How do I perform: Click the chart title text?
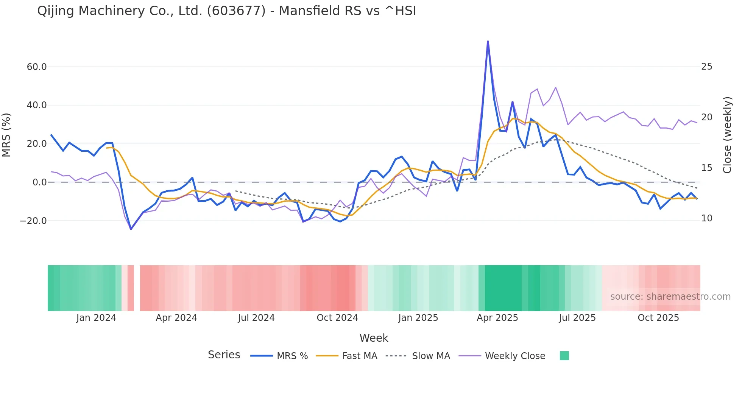coord(226,11)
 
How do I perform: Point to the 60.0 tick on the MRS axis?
coord(36,67)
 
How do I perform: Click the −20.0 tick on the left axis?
coord(33,221)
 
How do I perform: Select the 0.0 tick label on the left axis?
coord(39,182)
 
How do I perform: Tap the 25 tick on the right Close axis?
coord(706,67)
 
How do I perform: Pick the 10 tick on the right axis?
coord(706,218)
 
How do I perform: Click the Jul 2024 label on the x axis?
coord(256,318)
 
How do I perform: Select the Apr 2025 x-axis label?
coord(497,318)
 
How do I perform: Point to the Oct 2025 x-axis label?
coord(658,318)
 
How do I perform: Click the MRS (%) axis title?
coord(6,135)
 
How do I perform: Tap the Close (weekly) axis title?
coord(727,135)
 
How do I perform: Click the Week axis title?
coord(374,338)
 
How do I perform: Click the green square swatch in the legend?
coord(564,356)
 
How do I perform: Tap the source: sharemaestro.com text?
coord(670,297)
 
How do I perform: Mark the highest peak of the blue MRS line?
coord(488,41)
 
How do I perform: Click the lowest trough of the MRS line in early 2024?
coord(131,229)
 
